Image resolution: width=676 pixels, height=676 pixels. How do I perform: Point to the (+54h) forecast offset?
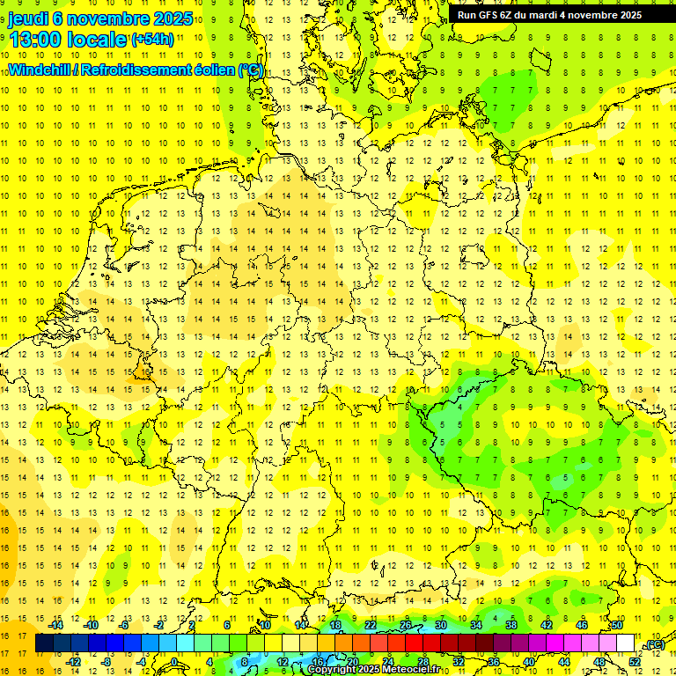tap(152, 40)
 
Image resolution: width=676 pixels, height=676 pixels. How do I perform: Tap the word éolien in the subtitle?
tap(214, 70)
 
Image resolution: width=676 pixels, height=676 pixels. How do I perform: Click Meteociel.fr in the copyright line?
tap(409, 670)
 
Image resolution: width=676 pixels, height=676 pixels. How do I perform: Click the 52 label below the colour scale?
tap(635, 661)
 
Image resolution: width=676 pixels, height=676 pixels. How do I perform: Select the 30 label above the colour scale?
tap(441, 624)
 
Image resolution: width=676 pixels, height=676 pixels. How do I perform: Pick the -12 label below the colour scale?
tap(74, 661)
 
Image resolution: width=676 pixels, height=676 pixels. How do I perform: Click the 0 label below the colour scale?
tap(174, 661)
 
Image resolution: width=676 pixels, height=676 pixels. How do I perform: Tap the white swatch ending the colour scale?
tap(625, 643)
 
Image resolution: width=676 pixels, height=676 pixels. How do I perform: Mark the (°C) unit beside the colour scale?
tap(654, 645)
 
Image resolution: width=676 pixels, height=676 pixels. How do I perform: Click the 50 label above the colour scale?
tap(617, 624)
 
